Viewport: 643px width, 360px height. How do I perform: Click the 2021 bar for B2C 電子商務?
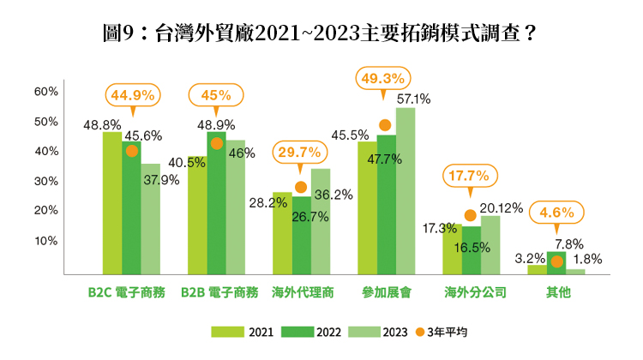(112, 203)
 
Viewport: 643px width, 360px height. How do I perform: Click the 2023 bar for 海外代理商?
(321, 221)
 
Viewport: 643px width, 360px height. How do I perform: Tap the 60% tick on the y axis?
(45, 92)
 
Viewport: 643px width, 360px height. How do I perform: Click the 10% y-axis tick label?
(45, 240)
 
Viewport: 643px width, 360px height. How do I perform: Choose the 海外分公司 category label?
(470, 292)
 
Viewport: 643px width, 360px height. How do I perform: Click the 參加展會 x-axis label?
(385, 292)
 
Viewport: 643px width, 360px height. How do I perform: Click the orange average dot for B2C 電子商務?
(131, 152)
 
